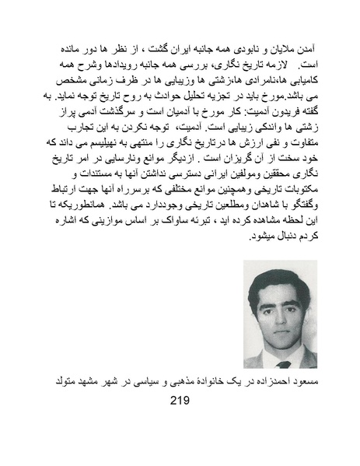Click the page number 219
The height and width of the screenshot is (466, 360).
pyautogui.click(x=179, y=404)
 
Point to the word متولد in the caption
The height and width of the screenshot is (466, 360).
pyautogui.click(x=60, y=380)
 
